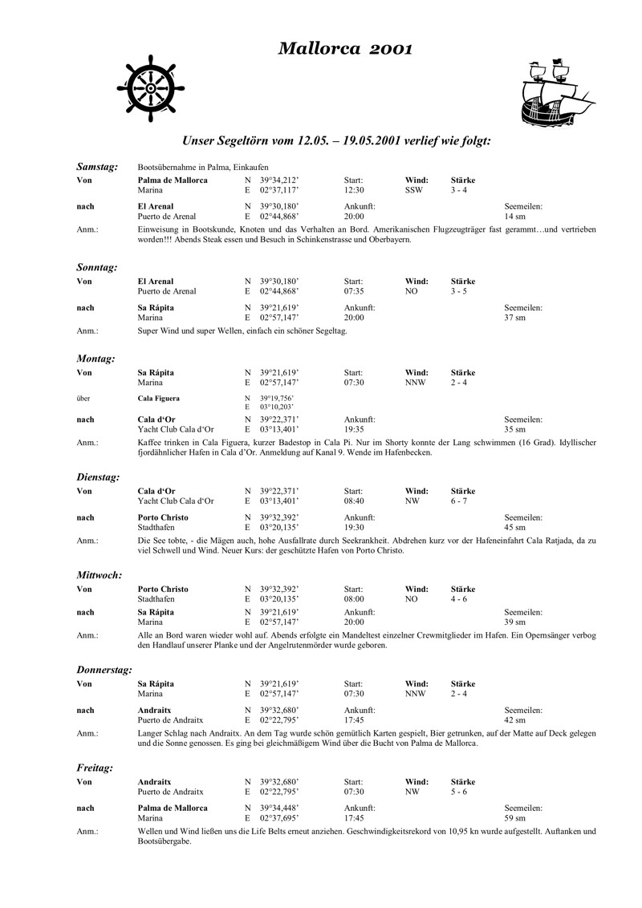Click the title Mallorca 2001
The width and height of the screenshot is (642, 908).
pyautogui.click(x=345, y=50)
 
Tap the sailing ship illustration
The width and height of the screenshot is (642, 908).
pyautogui.click(x=554, y=91)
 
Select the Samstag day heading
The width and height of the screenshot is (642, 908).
pyautogui.click(x=97, y=167)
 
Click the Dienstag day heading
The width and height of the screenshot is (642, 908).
pyautogui.click(x=98, y=477)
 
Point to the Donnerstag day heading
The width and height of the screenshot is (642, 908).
pyautogui.click(x=104, y=669)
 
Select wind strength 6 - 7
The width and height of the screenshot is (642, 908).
pyautogui.click(x=460, y=501)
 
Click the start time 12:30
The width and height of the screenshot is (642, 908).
pyautogui.click(x=354, y=190)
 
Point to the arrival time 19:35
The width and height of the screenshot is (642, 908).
pyautogui.click(x=354, y=430)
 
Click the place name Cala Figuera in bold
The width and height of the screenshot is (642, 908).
pyautogui.click(x=158, y=399)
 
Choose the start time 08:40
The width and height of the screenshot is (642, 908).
pyautogui.click(x=354, y=501)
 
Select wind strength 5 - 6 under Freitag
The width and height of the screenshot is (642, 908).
pyautogui.click(x=460, y=792)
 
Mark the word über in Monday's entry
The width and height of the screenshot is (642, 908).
pyautogui.click(x=83, y=399)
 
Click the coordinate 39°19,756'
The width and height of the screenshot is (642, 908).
pyautogui.click(x=277, y=399)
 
